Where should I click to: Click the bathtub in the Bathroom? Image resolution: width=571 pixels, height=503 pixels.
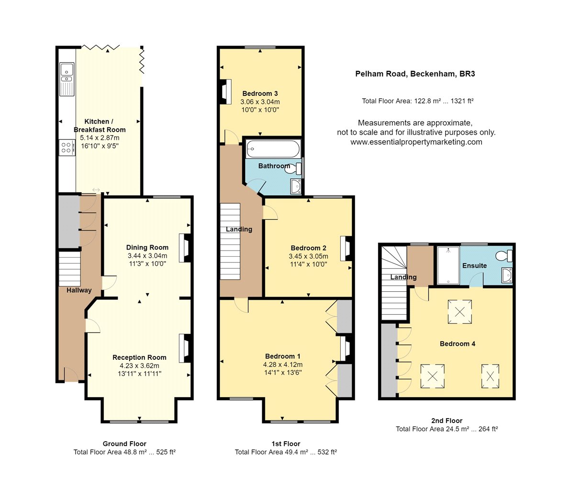click(x=273, y=149)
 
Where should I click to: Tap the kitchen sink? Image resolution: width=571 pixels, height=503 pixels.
click(x=67, y=79)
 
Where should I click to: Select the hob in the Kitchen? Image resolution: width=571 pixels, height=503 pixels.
click(x=67, y=148)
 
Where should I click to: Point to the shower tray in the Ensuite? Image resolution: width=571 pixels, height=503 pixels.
click(x=448, y=265)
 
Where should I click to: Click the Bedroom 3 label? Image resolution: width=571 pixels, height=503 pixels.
click(x=260, y=94)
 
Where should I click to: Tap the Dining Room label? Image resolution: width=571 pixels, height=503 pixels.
click(x=147, y=248)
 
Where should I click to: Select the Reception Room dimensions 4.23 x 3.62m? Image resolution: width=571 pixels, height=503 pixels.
click(x=139, y=366)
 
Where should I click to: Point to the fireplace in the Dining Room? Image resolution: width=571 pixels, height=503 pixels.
click(x=185, y=248)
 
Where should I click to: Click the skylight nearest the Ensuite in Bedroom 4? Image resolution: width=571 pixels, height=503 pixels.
click(x=460, y=312)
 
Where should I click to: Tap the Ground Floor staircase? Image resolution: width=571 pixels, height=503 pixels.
click(x=69, y=269)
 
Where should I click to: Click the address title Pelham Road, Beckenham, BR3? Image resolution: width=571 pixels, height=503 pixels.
click(x=415, y=74)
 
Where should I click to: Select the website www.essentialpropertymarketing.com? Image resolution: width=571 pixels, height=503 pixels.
click(x=416, y=142)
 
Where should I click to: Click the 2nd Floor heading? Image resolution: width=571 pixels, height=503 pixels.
click(x=447, y=421)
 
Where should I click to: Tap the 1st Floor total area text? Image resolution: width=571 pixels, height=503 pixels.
click(x=286, y=452)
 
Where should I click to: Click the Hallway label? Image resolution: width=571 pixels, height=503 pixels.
click(x=79, y=290)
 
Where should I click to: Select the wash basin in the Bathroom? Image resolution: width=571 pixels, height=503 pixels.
click(x=296, y=186)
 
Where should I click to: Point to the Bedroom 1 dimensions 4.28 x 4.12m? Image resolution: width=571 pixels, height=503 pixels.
click(x=283, y=365)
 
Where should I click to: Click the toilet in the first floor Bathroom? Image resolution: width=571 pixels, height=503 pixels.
click(x=298, y=168)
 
